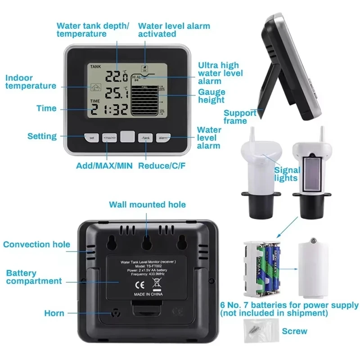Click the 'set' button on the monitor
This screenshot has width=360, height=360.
[x=91, y=137]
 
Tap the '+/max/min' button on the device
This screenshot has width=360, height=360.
[x=109, y=137]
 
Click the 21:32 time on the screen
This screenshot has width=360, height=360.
[x=109, y=109]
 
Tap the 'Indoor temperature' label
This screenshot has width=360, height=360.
[x=31, y=82]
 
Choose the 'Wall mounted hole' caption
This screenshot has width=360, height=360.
[x=147, y=205]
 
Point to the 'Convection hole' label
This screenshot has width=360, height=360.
[x=36, y=244]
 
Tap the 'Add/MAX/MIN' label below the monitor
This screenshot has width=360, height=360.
[x=104, y=166]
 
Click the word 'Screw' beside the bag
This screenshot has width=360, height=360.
[x=294, y=331]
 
